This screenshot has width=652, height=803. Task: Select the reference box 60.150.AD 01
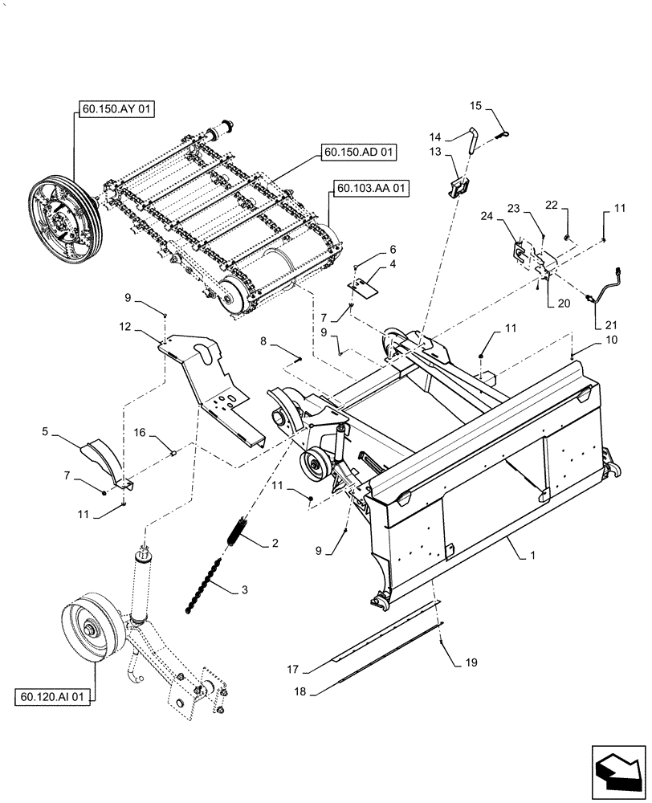361,151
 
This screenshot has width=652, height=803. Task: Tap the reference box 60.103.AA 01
369,190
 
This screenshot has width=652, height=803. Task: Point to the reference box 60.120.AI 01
51,696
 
